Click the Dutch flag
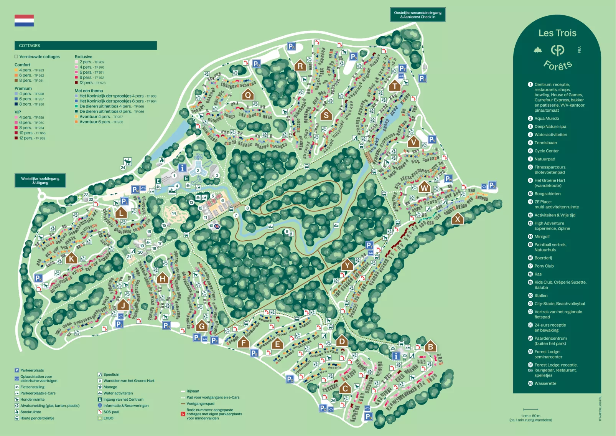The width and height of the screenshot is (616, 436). (24, 20)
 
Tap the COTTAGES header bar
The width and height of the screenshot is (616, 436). (86, 45)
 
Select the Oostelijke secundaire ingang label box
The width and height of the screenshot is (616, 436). (418, 15)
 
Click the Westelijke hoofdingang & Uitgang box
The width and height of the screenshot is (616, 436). (40, 180)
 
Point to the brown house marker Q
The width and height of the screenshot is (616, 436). (248, 94)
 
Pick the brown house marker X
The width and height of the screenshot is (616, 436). (457, 219)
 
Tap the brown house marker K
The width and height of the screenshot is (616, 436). (71, 258)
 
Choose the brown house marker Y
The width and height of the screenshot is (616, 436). (347, 265)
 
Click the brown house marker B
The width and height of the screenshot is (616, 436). (430, 347)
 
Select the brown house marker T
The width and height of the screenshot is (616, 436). (394, 86)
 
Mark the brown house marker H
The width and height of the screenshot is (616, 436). (163, 278)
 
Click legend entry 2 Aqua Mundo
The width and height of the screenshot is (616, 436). (546, 119)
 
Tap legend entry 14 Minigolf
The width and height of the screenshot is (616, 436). (542, 236)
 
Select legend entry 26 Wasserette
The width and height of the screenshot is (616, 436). (545, 383)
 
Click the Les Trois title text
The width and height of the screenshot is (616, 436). (557, 33)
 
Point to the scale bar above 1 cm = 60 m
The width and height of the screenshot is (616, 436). (530, 410)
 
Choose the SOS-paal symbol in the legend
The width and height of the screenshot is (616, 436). (100, 412)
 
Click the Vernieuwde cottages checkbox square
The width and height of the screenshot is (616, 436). (16, 56)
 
